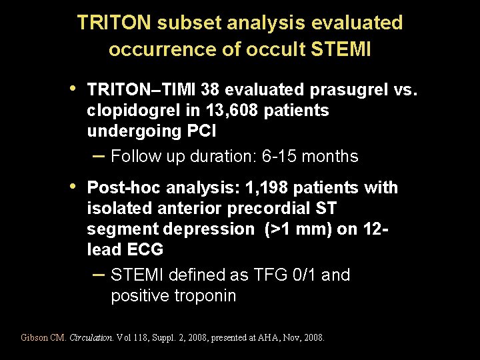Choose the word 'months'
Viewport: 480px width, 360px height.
[331, 157]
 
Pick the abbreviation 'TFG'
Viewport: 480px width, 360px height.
[255, 275]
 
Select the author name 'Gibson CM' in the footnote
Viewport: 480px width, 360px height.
[43, 338]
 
